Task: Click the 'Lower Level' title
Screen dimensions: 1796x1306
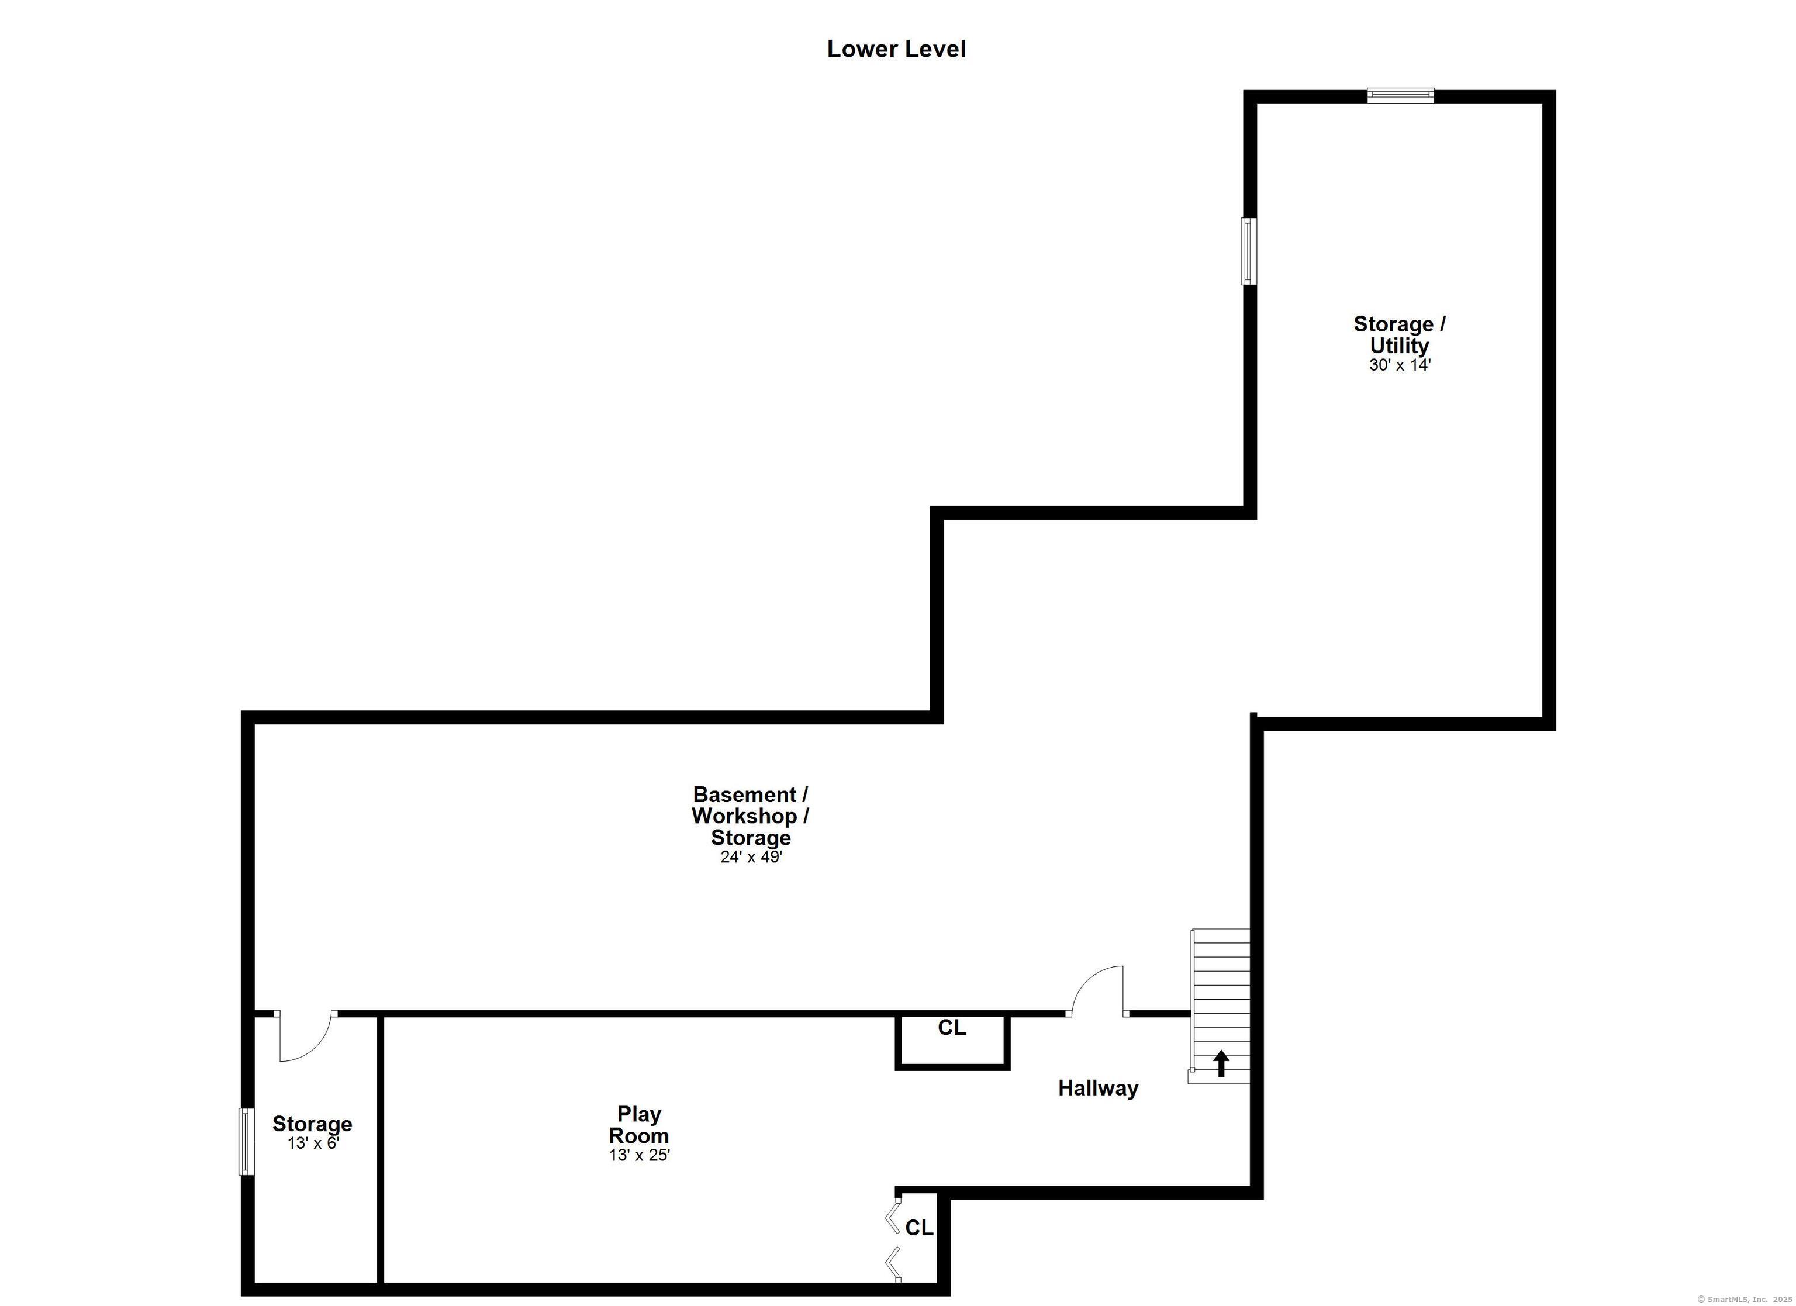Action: click(x=896, y=49)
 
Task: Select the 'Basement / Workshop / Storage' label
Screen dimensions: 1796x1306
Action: click(x=750, y=816)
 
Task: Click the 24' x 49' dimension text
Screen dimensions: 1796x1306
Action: click(x=751, y=857)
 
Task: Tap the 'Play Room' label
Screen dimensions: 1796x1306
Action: click(x=638, y=1125)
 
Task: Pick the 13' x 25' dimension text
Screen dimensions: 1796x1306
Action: click(x=638, y=1155)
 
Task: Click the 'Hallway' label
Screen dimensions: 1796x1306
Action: click(x=1099, y=1088)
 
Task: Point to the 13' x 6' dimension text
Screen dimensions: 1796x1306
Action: click(x=313, y=1143)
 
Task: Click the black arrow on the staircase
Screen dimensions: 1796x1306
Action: click(x=1221, y=1063)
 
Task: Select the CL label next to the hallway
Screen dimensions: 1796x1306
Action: click(x=952, y=1028)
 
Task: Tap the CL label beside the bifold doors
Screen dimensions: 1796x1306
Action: click(x=920, y=1228)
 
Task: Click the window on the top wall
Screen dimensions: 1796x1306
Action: click(x=1401, y=96)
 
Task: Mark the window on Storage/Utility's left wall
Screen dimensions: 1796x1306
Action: click(x=1249, y=251)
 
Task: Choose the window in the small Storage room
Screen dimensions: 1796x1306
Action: click(x=247, y=1141)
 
